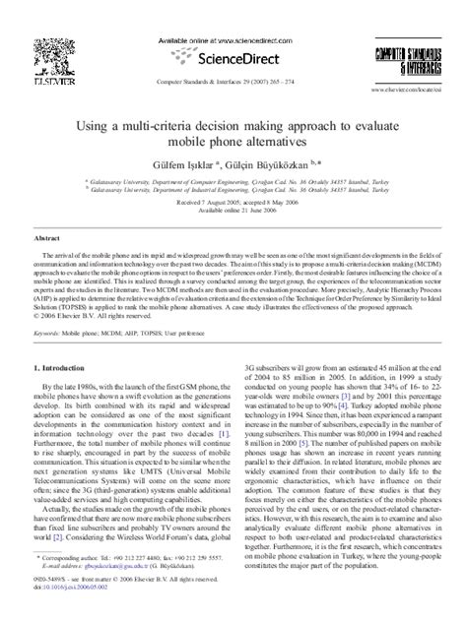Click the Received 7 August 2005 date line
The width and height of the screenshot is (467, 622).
coord(233,175)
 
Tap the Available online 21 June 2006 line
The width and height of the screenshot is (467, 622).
coord(233,183)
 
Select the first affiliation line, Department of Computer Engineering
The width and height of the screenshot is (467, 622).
coord(233,158)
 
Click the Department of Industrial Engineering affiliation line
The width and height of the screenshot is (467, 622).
coord(233,166)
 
